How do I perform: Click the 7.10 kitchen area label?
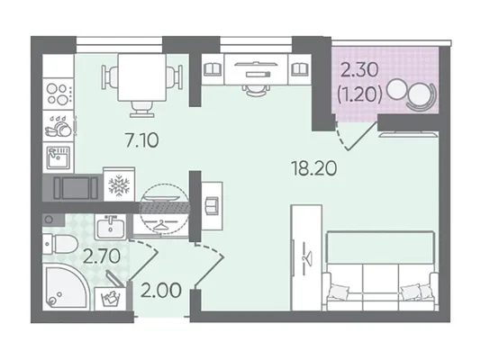(142, 140)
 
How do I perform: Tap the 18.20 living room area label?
(314, 168)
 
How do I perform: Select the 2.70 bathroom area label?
(102, 256)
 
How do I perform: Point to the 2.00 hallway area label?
(160, 290)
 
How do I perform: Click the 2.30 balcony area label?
(359, 70)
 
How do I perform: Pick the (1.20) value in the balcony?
(359, 94)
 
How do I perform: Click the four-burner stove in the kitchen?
(58, 94)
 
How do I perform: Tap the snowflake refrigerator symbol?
(119, 185)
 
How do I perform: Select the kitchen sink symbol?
(59, 157)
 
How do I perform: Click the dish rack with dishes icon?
(59, 126)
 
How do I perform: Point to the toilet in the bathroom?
(59, 244)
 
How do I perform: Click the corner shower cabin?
(66, 288)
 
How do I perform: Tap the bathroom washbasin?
(111, 227)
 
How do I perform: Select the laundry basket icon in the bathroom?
(110, 299)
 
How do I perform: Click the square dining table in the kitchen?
(142, 77)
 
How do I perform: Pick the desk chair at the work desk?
(257, 91)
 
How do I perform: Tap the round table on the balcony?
(397, 89)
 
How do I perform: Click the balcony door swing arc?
(340, 138)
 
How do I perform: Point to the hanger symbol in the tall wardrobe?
(307, 257)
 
